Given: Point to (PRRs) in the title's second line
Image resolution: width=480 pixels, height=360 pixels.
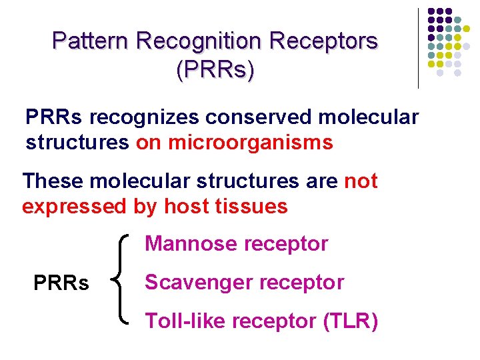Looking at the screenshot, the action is click(x=215, y=70).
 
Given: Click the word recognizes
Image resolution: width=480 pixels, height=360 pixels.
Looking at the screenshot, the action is click(x=144, y=118).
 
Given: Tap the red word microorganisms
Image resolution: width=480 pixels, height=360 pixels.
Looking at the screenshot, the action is click(x=250, y=143).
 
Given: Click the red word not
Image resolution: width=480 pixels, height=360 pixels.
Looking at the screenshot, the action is click(x=361, y=181).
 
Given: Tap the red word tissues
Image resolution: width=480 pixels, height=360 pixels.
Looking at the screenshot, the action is click(x=252, y=206).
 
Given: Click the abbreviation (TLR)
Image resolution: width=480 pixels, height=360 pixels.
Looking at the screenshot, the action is click(x=351, y=321).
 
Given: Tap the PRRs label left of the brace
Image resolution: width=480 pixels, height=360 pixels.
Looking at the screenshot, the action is click(x=61, y=283).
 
